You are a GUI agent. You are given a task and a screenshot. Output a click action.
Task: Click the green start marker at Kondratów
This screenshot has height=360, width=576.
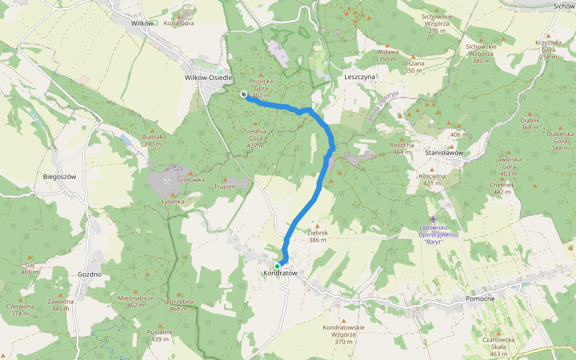pos(277,266)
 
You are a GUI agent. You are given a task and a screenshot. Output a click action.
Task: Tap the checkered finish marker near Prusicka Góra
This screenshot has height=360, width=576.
pos(244,94)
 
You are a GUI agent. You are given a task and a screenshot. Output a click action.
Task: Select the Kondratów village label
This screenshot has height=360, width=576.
pos(280,274)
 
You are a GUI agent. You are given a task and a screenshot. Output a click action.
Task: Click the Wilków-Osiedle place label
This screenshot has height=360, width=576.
pos(208,78)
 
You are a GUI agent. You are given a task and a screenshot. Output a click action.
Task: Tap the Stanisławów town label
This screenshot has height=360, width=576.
pos(445,153)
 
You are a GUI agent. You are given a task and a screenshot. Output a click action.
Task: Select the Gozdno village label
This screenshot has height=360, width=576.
pos(89,274)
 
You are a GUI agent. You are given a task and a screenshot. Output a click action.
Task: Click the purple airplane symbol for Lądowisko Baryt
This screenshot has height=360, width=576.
pos(434,219)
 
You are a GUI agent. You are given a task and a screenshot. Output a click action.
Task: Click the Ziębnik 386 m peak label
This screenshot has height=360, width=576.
pos(317,235)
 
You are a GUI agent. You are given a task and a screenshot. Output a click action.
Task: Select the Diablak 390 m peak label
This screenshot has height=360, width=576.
pos(152,140)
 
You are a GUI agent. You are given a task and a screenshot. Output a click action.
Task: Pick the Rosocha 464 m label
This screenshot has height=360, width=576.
pos(402,148)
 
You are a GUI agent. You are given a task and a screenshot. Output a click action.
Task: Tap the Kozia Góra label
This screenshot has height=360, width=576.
pos(179,23)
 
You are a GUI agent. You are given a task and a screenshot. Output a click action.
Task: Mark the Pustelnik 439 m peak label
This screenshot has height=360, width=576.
pos(160,335)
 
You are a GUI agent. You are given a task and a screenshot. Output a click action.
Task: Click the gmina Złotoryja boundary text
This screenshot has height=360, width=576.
pos(384,106)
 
